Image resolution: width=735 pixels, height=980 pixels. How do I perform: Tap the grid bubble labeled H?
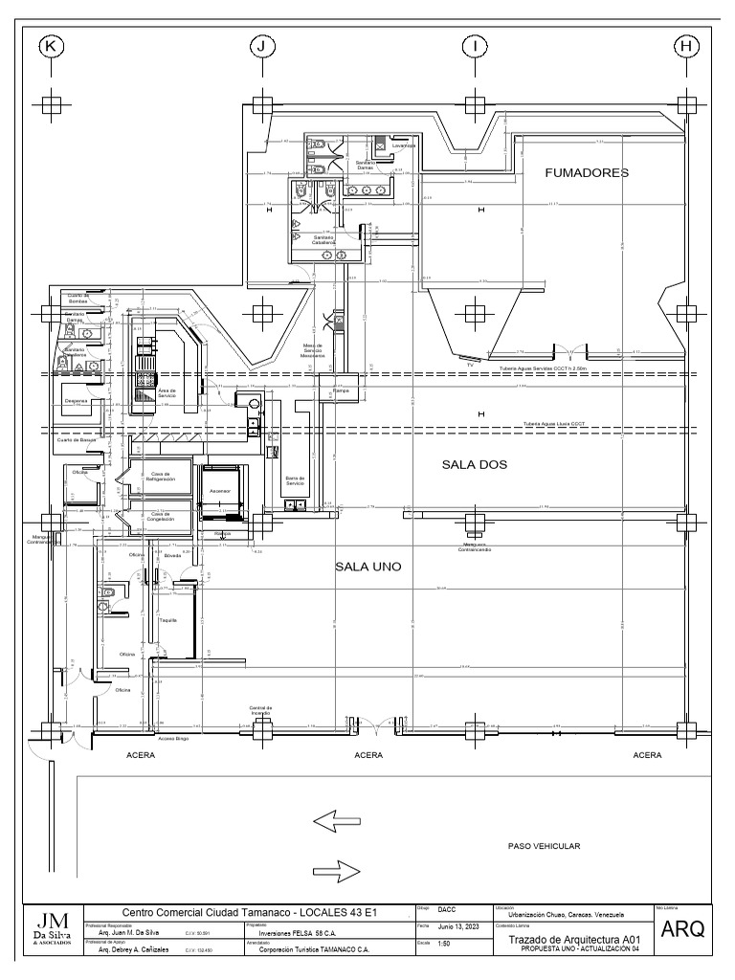click(685, 45)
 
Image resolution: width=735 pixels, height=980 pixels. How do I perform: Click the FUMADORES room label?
click(587, 173)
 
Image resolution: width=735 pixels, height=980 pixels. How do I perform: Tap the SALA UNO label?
click(367, 567)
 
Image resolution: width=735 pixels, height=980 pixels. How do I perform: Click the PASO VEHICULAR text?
click(544, 846)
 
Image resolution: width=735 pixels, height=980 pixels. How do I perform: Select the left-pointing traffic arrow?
click(336, 820)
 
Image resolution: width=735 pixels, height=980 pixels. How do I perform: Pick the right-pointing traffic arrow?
click(336, 871)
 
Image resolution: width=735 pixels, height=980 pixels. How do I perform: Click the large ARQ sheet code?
click(682, 929)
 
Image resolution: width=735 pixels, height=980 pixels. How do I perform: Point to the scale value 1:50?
click(444, 945)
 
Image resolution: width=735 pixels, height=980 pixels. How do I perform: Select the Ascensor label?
click(220, 491)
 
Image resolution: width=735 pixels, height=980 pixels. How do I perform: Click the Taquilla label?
click(168, 620)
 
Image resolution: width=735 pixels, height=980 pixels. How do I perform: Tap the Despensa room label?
click(77, 401)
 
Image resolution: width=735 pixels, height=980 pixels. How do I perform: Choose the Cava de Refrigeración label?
click(162, 476)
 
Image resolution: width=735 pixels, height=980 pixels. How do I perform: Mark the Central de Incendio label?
click(260, 711)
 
